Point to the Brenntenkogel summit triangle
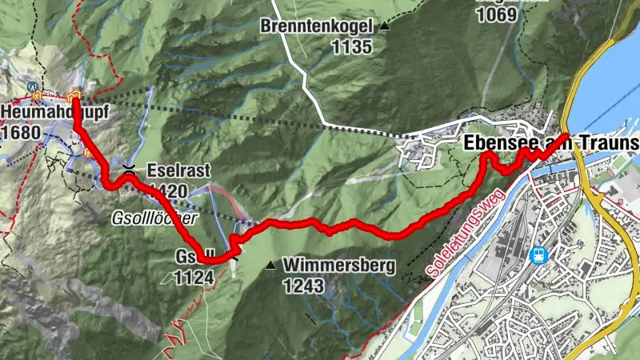coord(385,26)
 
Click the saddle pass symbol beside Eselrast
coord(128,169)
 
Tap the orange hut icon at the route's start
coord(74,98)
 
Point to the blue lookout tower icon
coord(32,86)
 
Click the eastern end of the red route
coord(566,135)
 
